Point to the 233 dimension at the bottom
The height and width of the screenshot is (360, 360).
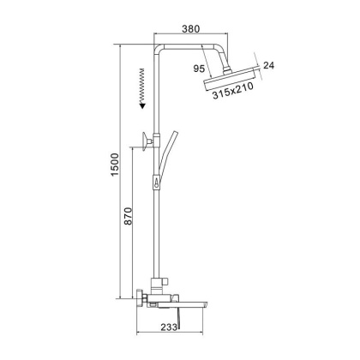[x=171, y=327]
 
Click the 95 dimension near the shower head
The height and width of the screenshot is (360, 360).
[x=200, y=68]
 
